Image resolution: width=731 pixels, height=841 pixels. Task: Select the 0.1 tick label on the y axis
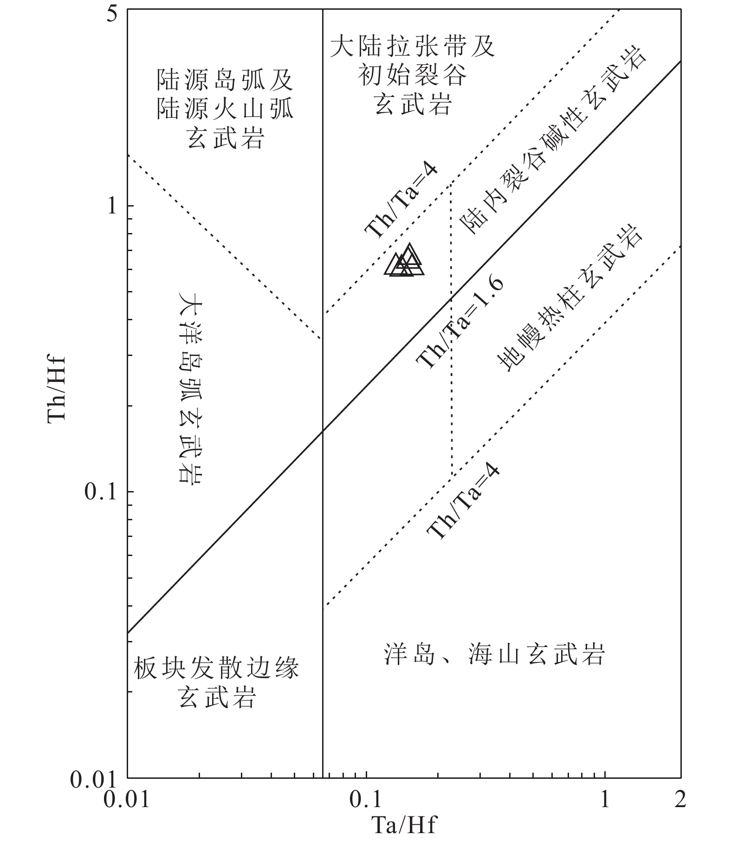click(x=100, y=492)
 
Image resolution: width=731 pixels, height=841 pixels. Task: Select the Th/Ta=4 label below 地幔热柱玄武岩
click(x=464, y=503)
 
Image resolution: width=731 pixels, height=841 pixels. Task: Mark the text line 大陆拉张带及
click(x=412, y=47)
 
